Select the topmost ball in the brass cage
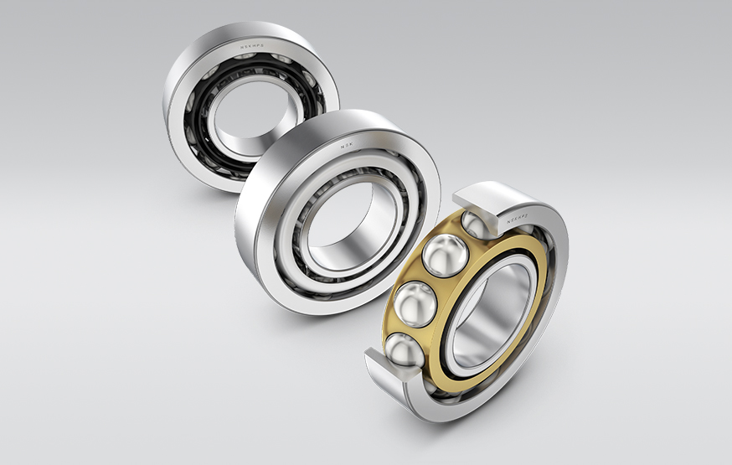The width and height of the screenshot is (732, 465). pyautogui.click(x=476, y=224)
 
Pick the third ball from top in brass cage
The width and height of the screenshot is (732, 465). pyautogui.click(x=417, y=303)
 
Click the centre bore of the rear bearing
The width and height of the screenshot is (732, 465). pyautogui.click(x=251, y=117)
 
